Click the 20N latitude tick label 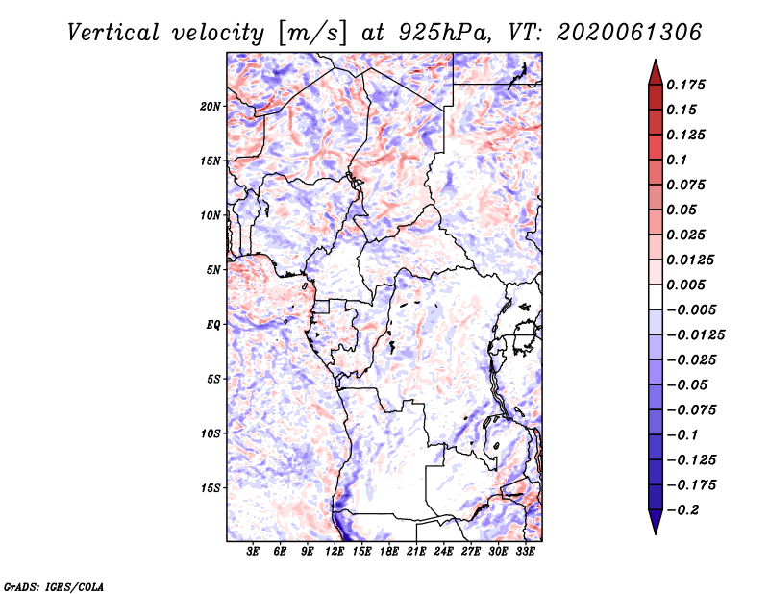click(x=211, y=107)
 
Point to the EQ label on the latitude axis click(x=212, y=325)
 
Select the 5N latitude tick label click(x=213, y=270)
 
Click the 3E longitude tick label click(x=253, y=552)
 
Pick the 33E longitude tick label click(x=525, y=552)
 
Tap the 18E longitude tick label click(x=389, y=552)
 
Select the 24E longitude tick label click(x=443, y=552)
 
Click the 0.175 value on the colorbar click(x=685, y=85)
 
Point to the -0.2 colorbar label click(x=682, y=510)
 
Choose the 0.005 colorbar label click(x=685, y=285)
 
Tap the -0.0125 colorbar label click(x=695, y=335)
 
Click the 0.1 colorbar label click(x=677, y=160)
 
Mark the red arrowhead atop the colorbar click(x=656, y=72)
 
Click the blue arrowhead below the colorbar click(x=656, y=522)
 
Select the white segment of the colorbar click(x=656, y=297)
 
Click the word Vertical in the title click(x=113, y=33)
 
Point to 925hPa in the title click(x=444, y=33)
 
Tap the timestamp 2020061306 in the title click(x=629, y=33)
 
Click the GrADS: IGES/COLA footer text click(x=54, y=586)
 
